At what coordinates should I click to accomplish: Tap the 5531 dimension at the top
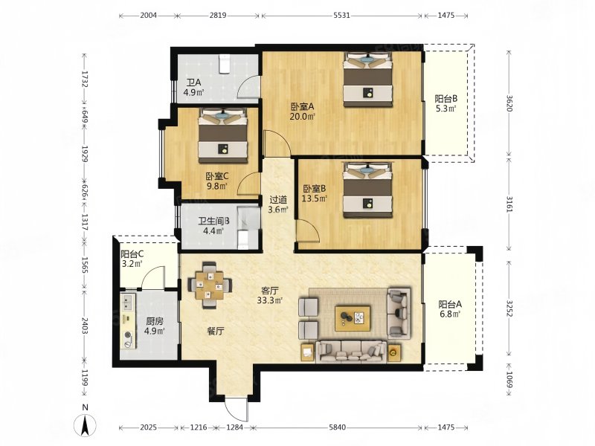click(x=341, y=16)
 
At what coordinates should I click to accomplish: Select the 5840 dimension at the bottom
click(x=338, y=427)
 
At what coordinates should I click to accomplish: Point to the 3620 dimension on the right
click(x=509, y=103)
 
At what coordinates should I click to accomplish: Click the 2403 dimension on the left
click(x=84, y=326)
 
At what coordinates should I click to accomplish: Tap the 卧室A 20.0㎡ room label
click(x=303, y=111)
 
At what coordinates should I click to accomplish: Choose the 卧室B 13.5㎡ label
click(x=315, y=193)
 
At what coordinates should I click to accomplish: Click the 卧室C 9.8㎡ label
click(x=217, y=181)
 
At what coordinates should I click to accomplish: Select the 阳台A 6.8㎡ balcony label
click(x=450, y=308)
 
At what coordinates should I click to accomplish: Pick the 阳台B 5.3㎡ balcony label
click(x=446, y=103)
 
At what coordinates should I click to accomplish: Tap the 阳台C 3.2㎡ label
click(x=132, y=259)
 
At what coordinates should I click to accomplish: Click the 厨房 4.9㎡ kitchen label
click(x=155, y=326)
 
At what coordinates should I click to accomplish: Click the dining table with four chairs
click(x=210, y=285)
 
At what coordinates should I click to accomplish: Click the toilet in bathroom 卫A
click(x=224, y=64)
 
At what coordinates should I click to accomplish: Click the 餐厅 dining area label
click(x=215, y=332)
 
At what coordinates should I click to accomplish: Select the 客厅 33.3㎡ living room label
click(x=270, y=295)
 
